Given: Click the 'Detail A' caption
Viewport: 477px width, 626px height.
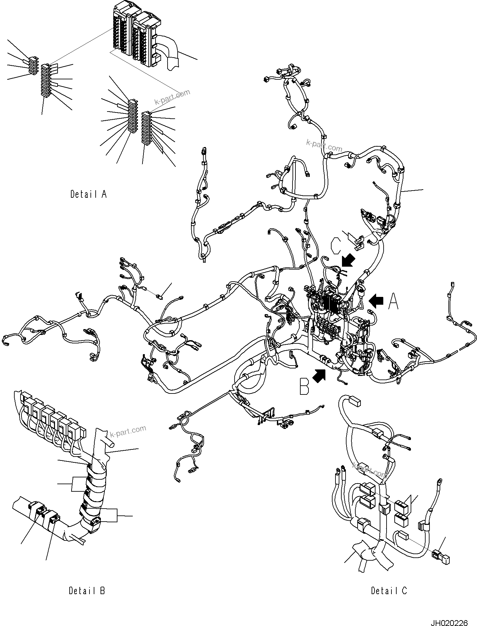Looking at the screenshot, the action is click(89, 194).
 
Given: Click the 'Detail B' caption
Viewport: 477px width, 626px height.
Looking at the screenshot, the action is click(87, 590).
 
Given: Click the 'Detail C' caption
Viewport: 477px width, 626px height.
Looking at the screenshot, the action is click(389, 590).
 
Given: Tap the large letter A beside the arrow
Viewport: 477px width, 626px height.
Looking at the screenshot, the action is click(393, 301).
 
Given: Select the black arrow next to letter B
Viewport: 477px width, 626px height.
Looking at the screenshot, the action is click(319, 376).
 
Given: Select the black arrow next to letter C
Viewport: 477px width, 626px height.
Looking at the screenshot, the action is click(348, 261).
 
